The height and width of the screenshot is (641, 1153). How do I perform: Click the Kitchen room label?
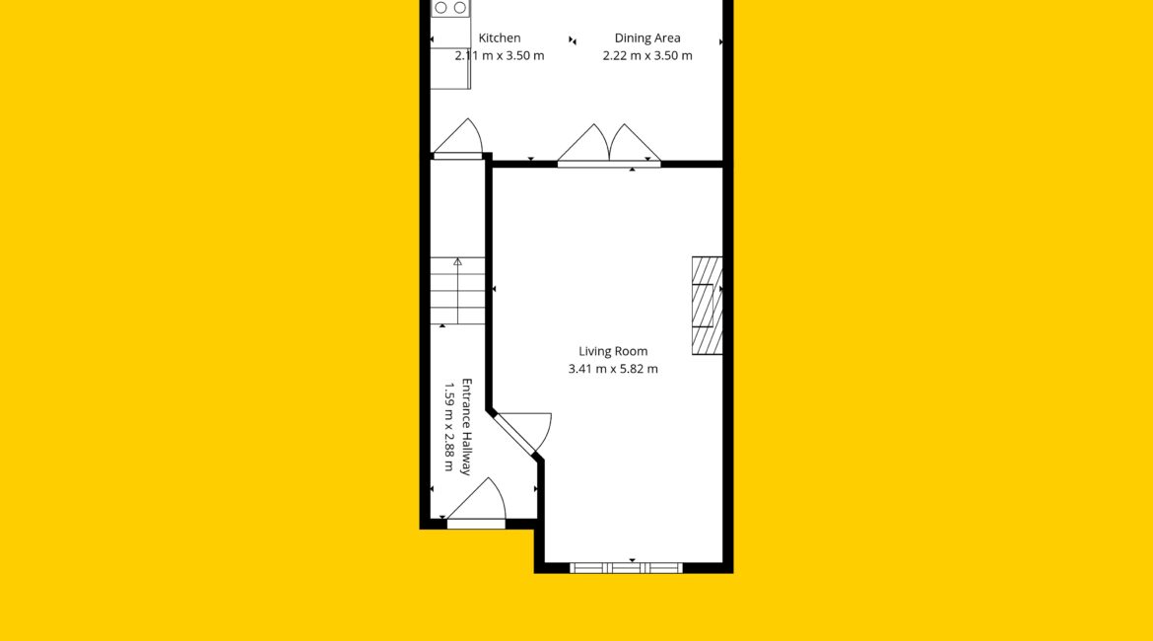(x=500, y=38)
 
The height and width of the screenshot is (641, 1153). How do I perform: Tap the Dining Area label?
(x=647, y=38)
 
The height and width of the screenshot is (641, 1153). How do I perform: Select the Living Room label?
(x=613, y=352)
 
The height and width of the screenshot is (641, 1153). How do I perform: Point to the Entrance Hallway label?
(x=466, y=427)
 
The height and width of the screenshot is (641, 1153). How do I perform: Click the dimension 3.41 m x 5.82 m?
(x=613, y=369)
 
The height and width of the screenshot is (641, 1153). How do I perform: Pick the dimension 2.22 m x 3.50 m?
(x=647, y=56)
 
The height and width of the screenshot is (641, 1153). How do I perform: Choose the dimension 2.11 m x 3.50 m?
(x=500, y=56)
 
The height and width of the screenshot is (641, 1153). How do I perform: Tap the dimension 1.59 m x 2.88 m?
(x=448, y=427)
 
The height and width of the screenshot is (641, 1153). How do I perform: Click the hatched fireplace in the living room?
(x=707, y=306)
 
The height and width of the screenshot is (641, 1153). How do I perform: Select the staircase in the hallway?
(x=457, y=291)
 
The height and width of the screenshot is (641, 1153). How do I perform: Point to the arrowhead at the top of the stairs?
(x=457, y=261)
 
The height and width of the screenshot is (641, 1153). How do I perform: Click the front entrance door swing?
(x=477, y=500)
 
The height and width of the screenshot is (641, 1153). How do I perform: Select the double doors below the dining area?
(x=609, y=144)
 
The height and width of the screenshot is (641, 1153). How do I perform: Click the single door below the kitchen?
(x=457, y=138)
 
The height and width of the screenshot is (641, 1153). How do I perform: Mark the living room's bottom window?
(x=626, y=567)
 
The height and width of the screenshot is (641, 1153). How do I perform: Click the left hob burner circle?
(x=441, y=7)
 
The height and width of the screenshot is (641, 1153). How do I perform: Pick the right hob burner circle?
(x=460, y=7)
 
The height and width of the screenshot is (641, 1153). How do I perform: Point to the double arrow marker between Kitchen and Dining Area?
(x=573, y=40)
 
